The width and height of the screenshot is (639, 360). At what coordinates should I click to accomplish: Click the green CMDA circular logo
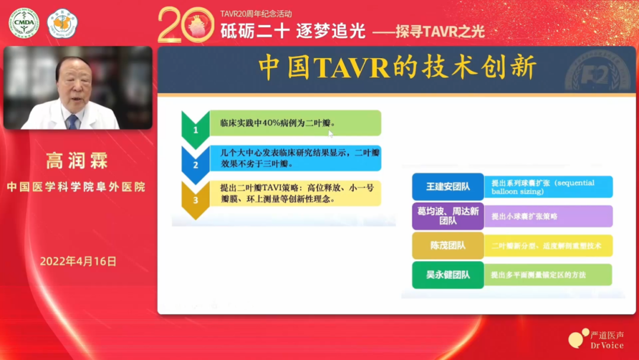24,23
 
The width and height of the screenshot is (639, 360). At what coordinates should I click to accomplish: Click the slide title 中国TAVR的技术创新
397,68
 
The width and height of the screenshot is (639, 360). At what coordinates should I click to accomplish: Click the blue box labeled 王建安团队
448,187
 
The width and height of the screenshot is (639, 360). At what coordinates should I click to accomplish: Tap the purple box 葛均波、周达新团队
448,216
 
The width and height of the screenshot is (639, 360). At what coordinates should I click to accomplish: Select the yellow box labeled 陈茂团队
448,246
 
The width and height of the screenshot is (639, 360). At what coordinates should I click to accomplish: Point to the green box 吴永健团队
448,275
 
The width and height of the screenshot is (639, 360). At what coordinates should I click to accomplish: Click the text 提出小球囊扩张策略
524,217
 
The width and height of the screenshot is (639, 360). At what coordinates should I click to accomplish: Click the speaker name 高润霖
77,160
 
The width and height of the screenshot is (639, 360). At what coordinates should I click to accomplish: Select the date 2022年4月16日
78,261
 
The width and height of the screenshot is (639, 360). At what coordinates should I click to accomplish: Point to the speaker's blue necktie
73,123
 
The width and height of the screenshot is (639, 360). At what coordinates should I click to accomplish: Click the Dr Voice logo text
607,345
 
